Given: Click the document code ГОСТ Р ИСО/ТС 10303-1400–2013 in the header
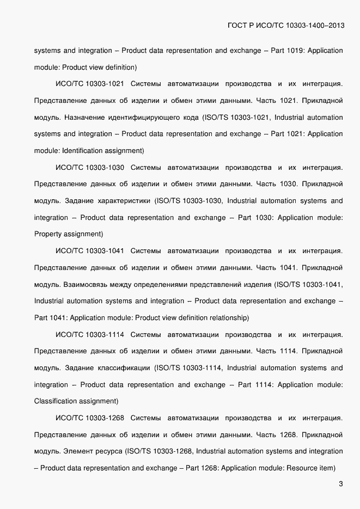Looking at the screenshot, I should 284,26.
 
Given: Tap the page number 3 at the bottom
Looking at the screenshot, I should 340,484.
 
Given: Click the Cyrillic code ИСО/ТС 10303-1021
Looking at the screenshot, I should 90,84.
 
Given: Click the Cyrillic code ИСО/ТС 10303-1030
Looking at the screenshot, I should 90,167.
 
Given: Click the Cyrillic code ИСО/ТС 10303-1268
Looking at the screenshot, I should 90,418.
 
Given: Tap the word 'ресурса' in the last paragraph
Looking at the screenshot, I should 109,451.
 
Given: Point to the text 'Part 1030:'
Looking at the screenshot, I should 254,218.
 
